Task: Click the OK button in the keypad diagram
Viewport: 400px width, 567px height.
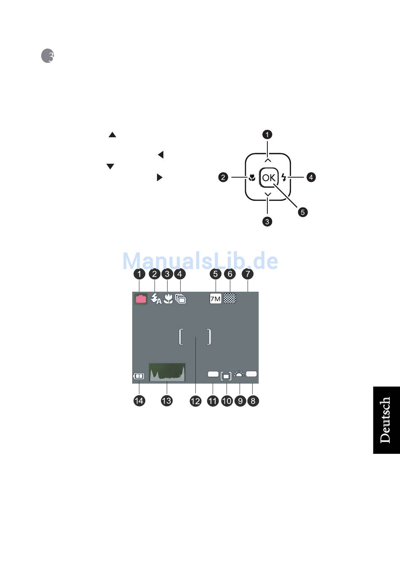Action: [268, 177]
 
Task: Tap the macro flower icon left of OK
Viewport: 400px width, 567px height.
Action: [252, 177]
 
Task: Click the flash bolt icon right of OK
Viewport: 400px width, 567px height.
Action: [284, 177]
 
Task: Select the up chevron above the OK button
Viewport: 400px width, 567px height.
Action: [268, 160]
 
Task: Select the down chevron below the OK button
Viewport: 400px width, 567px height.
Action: [268, 194]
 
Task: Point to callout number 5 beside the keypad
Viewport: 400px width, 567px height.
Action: [303, 212]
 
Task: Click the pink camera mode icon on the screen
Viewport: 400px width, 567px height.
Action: [141, 299]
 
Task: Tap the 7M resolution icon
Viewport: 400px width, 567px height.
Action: [215, 299]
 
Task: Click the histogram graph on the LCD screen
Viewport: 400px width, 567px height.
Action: [167, 372]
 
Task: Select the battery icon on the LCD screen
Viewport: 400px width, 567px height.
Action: [139, 376]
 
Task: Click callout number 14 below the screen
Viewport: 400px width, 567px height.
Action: [139, 401]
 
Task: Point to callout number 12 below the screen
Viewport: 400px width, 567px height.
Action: [195, 401]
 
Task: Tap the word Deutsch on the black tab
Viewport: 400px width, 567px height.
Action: [385, 420]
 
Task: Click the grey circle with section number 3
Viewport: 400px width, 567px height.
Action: [48, 56]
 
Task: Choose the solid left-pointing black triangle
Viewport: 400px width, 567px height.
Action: [160, 154]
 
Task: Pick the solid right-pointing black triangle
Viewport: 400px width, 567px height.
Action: [159, 177]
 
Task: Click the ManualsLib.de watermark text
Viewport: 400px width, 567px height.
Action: [200, 261]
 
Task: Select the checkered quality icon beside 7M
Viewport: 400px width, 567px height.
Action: [230, 298]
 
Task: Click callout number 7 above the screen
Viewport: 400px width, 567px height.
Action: [248, 274]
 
